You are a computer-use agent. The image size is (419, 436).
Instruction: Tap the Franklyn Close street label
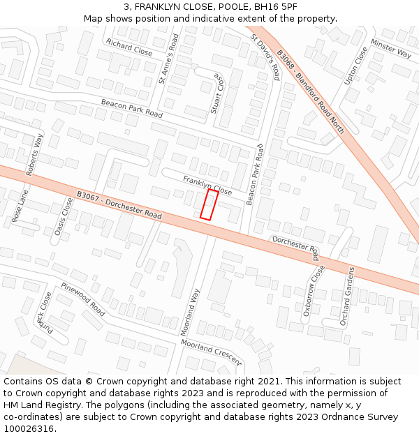pos(207,186)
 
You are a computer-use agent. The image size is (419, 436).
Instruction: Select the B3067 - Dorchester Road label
pos(119,206)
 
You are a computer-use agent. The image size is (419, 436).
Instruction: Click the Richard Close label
pos(129,47)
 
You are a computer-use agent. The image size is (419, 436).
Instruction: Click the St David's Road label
pos(265,57)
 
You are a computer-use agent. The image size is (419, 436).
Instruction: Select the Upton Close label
pos(355,66)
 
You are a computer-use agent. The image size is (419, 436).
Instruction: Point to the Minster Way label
pos(391,47)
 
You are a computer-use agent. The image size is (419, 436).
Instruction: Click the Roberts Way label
pos(34,154)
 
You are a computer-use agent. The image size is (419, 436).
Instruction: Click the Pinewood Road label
pos(82,299)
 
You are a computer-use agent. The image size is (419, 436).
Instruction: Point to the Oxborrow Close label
pos(314,291)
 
